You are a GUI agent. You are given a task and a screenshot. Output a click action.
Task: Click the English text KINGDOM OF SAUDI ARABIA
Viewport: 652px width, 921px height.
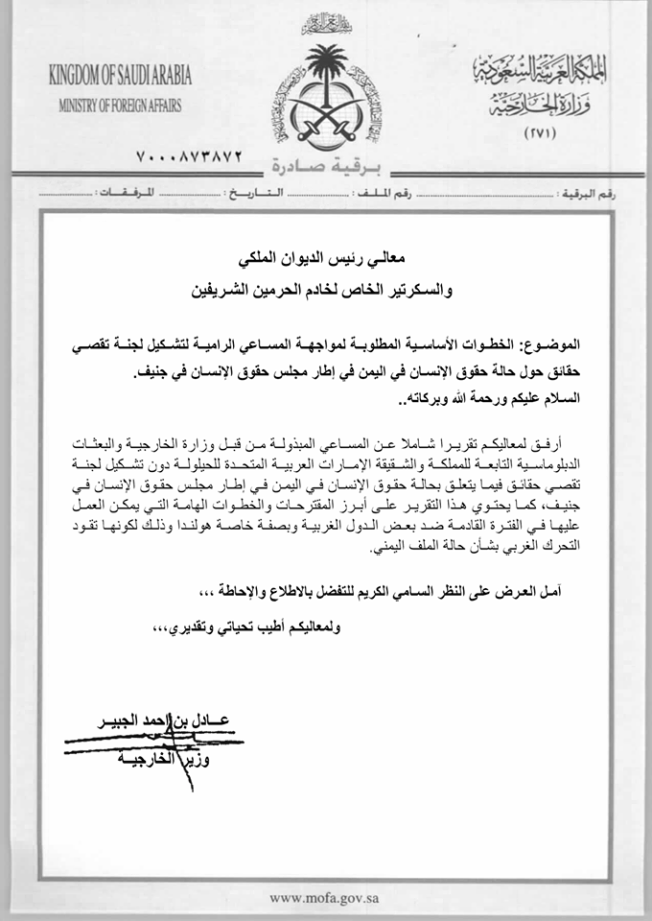[120, 77]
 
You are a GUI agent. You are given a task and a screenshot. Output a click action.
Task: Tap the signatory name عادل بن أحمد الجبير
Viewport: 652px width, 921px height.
[168, 720]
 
